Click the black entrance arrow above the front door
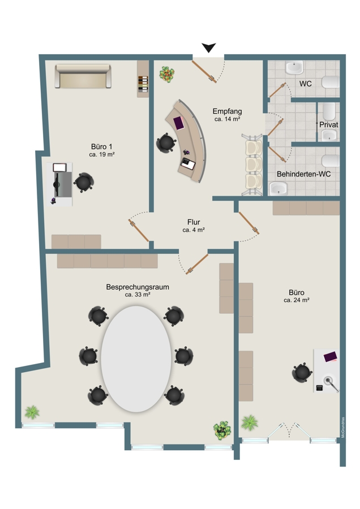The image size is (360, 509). (209, 48)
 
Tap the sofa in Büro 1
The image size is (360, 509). (83, 76)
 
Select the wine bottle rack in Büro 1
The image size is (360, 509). (143, 84)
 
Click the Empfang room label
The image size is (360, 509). (227, 111)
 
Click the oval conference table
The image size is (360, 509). (136, 359)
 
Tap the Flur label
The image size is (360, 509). (194, 222)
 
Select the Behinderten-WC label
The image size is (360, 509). (304, 174)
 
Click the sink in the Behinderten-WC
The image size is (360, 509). (278, 188)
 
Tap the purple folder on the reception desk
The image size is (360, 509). (179, 123)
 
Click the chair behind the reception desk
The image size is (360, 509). (166, 143)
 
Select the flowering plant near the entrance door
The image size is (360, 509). (167, 74)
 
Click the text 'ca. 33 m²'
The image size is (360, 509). (138, 295)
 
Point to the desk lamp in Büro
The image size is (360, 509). (331, 383)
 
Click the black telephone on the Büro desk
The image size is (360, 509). (319, 387)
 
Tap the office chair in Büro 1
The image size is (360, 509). (84, 183)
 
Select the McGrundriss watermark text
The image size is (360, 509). (343, 428)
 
